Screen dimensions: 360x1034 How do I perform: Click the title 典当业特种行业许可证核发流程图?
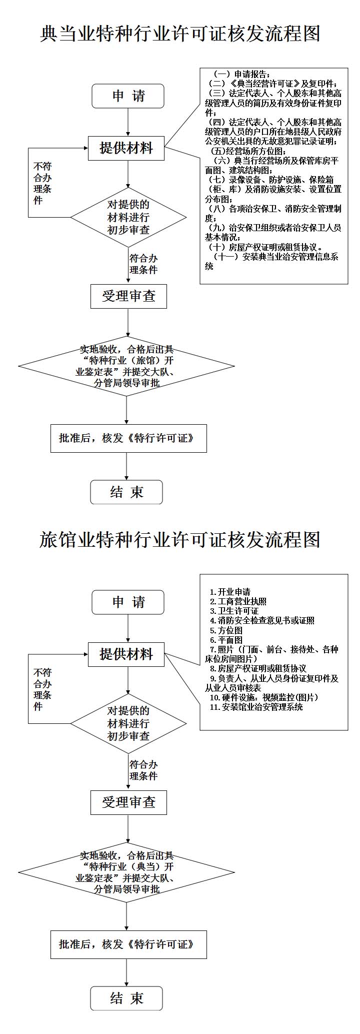click(180, 34)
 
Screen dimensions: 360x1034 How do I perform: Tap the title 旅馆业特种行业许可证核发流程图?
click(180, 540)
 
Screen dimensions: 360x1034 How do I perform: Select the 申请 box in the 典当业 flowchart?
click(128, 96)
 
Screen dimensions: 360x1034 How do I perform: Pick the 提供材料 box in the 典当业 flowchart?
click(126, 148)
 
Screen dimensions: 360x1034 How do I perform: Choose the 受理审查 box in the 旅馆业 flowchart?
click(128, 802)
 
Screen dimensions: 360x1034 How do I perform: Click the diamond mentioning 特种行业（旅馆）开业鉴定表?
click(126, 366)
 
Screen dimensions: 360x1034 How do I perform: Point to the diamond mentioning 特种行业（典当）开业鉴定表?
click(126, 872)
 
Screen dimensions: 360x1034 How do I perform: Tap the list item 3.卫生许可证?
click(234, 611)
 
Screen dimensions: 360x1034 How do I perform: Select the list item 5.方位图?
click(226, 630)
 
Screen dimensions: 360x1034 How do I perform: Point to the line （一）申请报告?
click(242, 74)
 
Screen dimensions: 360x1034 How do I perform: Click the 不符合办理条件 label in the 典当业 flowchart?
click(42, 184)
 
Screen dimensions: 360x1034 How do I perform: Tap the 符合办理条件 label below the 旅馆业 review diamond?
click(143, 770)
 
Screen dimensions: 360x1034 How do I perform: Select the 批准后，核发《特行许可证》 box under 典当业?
click(128, 439)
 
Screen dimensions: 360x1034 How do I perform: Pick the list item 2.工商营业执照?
click(238, 601)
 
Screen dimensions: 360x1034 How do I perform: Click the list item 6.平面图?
click(226, 640)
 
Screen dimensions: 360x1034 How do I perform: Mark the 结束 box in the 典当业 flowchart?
click(126, 492)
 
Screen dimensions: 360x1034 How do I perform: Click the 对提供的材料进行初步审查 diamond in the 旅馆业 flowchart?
click(128, 723)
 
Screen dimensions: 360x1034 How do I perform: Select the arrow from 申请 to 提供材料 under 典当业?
click(128, 122)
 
